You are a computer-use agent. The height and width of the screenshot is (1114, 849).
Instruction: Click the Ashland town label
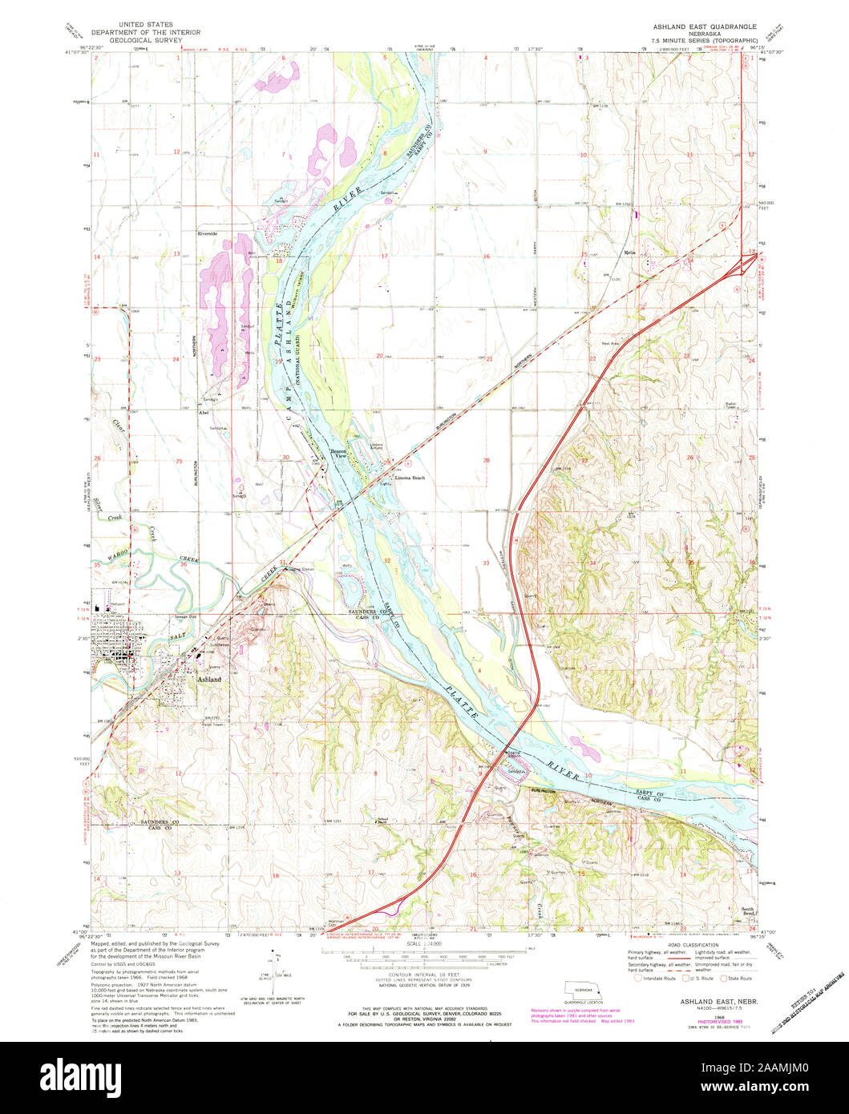[208, 679]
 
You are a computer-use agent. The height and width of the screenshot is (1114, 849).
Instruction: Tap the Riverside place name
[208, 233]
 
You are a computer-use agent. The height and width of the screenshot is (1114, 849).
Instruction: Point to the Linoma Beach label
[409, 478]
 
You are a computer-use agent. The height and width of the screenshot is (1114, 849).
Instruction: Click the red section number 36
[184, 564]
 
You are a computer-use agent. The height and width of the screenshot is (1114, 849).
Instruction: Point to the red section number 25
[180, 462]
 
